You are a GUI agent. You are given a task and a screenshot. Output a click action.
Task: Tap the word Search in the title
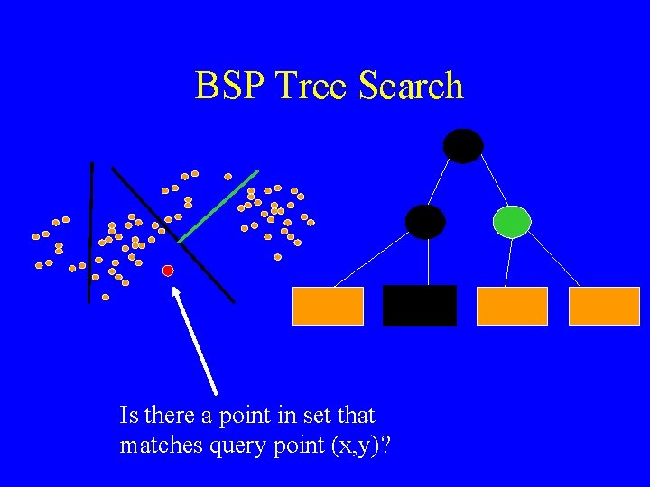[x=411, y=87]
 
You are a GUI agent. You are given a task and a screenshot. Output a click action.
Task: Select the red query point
[x=168, y=271]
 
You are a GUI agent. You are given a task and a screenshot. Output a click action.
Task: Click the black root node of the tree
[x=463, y=146]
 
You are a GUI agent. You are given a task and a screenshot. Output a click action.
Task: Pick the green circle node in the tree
[x=512, y=221]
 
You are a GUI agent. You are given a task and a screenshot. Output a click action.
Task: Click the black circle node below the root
[x=425, y=221]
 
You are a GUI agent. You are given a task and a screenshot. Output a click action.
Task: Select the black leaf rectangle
[x=420, y=306]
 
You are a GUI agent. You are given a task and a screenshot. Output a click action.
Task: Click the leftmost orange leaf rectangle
[x=328, y=306]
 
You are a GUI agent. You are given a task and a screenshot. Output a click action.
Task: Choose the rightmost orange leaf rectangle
[x=604, y=306]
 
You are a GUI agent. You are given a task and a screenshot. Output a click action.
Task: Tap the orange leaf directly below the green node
[x=512, y=306]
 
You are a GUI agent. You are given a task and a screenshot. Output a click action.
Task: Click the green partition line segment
[x=218, y=206]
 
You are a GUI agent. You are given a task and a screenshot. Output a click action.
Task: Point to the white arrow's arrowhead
[x=177, y=292]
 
